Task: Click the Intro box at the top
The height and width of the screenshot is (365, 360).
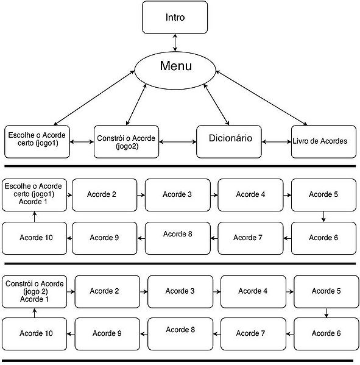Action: coord(175,17)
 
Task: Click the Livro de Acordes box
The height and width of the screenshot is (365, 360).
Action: coord(320,141)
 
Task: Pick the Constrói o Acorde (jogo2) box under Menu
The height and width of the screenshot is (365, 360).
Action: coord(126,142)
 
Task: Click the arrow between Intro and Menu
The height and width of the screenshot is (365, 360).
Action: coord(175,41)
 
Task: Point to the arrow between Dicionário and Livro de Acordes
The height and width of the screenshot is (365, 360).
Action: coord(276,142)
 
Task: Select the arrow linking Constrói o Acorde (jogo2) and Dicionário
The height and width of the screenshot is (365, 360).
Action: coord(177,142)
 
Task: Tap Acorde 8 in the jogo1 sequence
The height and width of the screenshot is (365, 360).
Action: coord(177,235)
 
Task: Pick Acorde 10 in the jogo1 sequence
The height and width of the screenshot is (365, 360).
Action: coord(35,238)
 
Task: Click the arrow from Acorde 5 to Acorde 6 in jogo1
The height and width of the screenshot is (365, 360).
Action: coord(323,216)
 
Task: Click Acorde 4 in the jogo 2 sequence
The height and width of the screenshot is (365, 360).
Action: coord(252,291)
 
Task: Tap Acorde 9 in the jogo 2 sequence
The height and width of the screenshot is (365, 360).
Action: coord(107,333)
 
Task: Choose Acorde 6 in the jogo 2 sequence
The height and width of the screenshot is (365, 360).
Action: coord(326,333)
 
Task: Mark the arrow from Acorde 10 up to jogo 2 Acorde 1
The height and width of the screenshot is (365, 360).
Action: coord(35,312)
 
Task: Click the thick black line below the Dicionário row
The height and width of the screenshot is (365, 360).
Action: coord(180,166)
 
